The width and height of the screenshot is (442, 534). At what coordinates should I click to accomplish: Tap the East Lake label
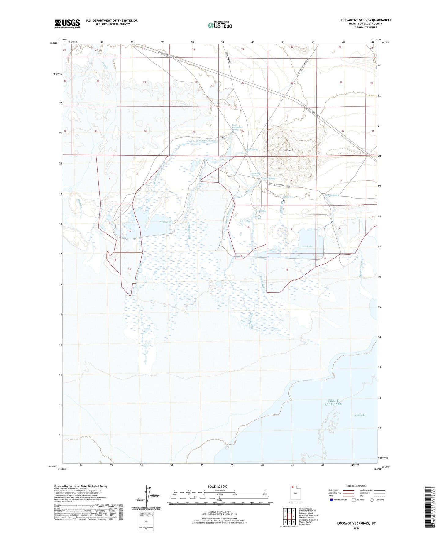coord(307,246)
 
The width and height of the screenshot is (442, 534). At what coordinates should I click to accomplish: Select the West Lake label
coord(165,222)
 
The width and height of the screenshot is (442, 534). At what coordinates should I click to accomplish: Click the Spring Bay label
coord(360,415)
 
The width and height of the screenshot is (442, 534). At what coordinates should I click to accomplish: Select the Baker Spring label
coord(252,150)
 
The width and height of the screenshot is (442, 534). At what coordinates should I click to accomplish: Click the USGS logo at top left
coord(67,24)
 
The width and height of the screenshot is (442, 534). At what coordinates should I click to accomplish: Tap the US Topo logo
coord(219,25)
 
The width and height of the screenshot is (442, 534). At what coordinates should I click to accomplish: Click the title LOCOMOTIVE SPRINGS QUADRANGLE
coord(365,20)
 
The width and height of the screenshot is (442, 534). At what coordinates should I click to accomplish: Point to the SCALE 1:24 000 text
coord(217,486)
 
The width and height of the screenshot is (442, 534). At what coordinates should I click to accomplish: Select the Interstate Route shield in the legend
coord(332,500)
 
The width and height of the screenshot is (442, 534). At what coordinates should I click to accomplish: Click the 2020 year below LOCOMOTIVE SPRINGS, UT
coord(356,528)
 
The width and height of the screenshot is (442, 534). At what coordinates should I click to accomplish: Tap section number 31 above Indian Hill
coord(291,131)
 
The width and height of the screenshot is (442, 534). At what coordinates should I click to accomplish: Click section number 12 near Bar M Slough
coord(247,227)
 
